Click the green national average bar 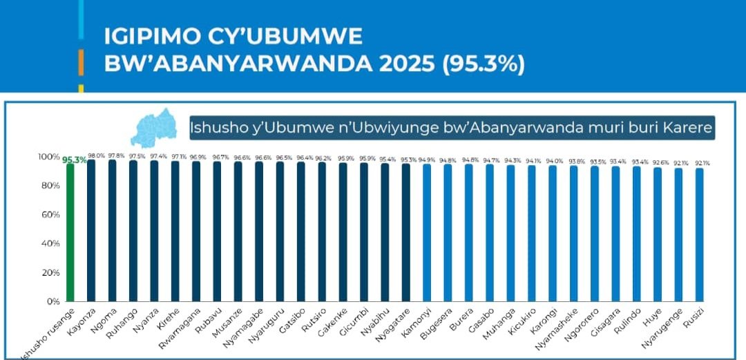tap(70, 232)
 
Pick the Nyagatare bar tap(405, 233)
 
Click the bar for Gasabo tap(490, 233)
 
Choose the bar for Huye tap(658, 234)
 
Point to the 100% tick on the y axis tap(47, 157)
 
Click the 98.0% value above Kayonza tap(96, 155)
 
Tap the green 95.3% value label tap(75, 160)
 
